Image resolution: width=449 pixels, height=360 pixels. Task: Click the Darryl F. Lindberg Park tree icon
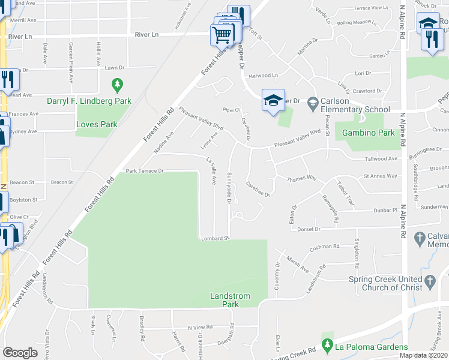click(118, 85)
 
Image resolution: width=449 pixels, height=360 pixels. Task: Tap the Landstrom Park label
click(224, 300)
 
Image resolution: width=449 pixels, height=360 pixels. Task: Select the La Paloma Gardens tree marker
click(327, 346)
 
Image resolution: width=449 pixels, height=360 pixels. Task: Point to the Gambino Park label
click(367, 133)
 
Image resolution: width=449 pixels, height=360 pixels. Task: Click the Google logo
click(20, 353)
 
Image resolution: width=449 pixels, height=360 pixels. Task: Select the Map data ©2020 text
click(424, 355)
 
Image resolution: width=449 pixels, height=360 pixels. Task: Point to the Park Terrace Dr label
click(145, 171)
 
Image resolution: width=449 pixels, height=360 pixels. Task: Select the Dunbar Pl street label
click(387, 211)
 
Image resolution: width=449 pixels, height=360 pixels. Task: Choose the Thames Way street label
click(301, 178)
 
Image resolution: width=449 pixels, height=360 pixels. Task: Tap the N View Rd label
click(200, 328)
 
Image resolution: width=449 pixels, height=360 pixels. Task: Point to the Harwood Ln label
click(264, 76)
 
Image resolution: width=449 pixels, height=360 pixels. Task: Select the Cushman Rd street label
click(325, 247)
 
